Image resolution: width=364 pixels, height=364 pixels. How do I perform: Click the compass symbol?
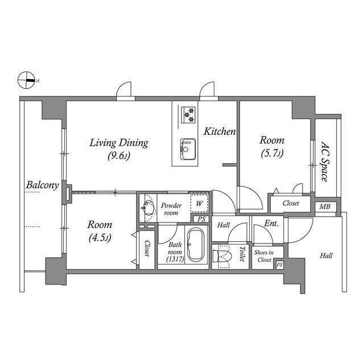pos(26,80)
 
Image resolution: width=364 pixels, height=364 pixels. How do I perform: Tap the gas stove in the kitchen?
pos(188,114)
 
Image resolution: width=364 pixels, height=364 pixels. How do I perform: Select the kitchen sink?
pos(188,149)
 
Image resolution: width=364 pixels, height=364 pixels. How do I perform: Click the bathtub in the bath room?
pos(196,244)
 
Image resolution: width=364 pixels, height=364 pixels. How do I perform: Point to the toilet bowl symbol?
pos(222,257)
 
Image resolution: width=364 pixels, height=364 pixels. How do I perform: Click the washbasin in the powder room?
pos(148,206)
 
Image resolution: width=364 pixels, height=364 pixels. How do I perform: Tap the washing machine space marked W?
pos(199,204)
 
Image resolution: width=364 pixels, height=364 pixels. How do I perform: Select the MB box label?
pos(325,206)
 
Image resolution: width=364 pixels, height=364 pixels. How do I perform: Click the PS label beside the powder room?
pos(201,219)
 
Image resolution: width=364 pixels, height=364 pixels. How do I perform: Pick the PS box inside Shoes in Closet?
pos(280,264)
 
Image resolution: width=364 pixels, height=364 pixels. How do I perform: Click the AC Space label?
pos(325,162)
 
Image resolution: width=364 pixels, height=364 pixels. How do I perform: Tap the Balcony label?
pos(43,185)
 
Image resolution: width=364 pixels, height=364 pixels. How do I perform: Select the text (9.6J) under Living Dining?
pos(119,156)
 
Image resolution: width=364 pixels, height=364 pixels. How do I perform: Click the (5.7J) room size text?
pos(272,154)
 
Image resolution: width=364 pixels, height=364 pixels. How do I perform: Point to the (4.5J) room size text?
pos(100,238)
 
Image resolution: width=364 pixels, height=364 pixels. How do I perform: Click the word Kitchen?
pos(220,131)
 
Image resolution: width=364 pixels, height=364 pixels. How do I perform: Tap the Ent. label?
pos(271,224)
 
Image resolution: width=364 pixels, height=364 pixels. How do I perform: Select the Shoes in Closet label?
pos(264,256)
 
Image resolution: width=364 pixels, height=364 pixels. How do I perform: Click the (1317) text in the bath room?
pos(175,259)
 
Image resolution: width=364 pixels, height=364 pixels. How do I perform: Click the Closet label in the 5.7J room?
pos(291,204)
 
